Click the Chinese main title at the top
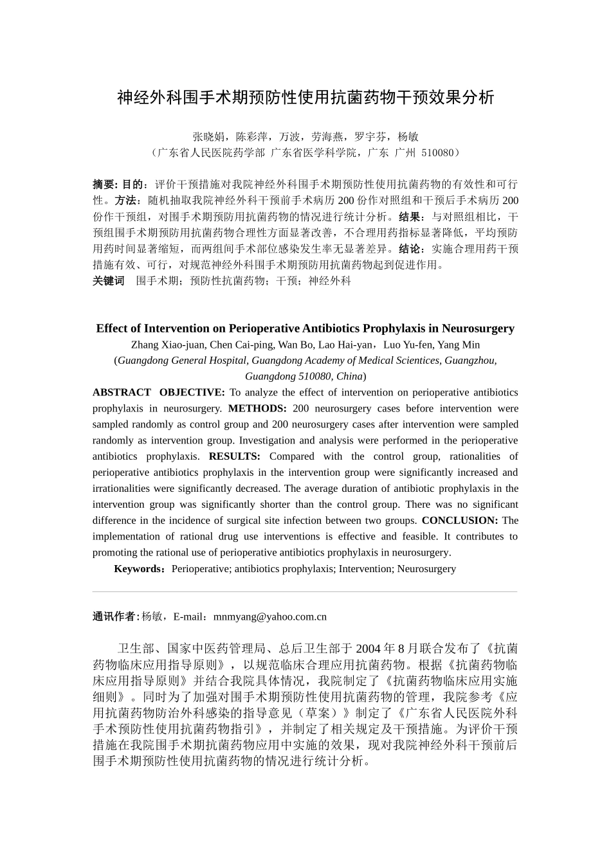[x=305, y=98]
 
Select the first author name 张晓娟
[x=208, y=137]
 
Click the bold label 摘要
[x=104, y=184]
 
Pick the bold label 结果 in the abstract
[x=411, y=217]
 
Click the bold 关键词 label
[x=109, y=281]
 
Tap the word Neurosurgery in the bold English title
[x=478, y=328]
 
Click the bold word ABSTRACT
[x=122, y=393]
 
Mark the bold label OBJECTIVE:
[x=192, y=393]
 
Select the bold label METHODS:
[x=257, y=409]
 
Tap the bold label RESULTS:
[x=234, y=456]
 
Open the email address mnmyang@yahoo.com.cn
[x=269, y=617]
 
